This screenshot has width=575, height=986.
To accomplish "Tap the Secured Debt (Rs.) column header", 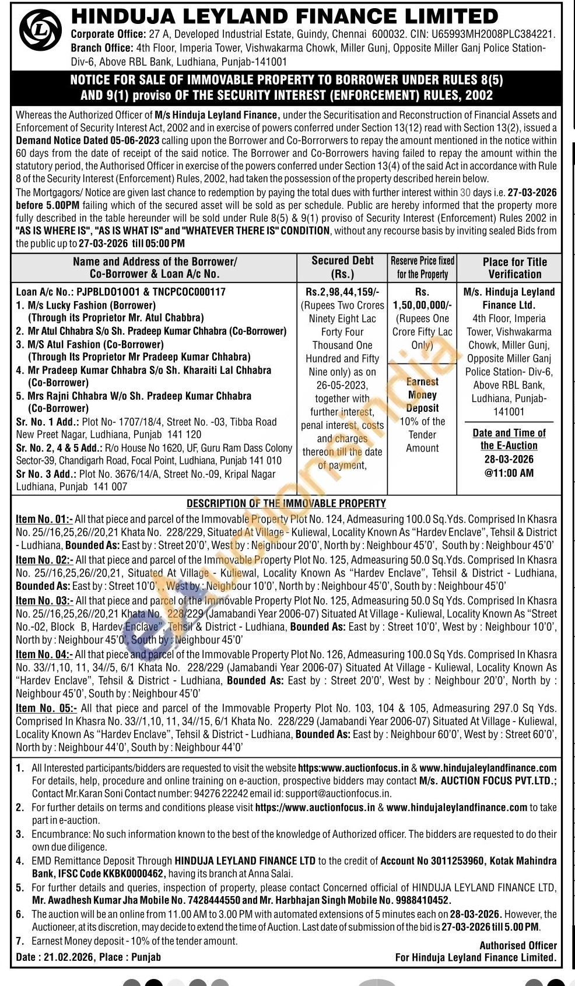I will (342, 267).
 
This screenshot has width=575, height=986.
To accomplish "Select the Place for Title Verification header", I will (514, 268).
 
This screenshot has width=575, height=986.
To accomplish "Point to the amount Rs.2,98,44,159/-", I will (342, 292).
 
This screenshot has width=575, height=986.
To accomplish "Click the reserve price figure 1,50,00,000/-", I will (422, 305).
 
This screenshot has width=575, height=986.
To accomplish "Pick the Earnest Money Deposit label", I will (422, 395).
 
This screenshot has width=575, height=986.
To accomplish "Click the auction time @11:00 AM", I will (509, 473).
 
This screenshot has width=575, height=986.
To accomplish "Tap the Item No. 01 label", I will (44, 519).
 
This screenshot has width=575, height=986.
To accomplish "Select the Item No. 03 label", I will (44, 600).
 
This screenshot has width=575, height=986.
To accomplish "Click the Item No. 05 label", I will (46, 708).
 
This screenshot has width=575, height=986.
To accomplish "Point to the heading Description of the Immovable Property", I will (286, 504).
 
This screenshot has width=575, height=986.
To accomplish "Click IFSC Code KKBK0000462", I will (111, 873).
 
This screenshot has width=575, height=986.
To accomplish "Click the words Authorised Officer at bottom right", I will (518, 945).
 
